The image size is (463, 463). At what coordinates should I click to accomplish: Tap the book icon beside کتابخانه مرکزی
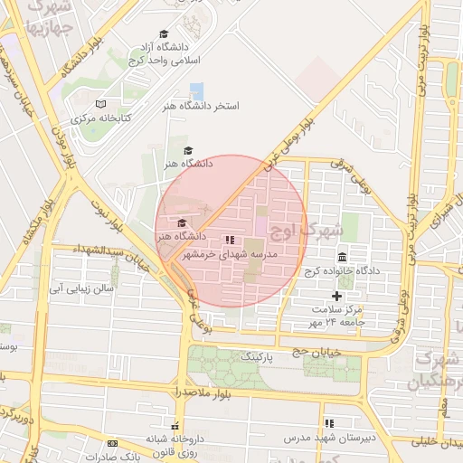100,104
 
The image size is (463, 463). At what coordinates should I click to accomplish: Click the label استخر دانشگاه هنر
214,107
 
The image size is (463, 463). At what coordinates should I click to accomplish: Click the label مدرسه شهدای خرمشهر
241,255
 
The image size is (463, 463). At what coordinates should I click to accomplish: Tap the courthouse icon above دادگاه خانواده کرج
342,257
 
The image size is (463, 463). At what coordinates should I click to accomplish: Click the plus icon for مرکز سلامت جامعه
337,296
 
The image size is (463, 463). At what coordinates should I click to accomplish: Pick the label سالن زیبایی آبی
80,288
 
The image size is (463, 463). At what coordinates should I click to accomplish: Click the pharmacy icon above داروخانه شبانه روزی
175,425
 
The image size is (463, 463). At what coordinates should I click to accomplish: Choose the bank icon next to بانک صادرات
112,443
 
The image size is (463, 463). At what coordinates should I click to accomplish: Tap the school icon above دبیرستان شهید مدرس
329,422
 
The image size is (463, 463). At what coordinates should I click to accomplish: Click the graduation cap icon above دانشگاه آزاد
165,33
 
